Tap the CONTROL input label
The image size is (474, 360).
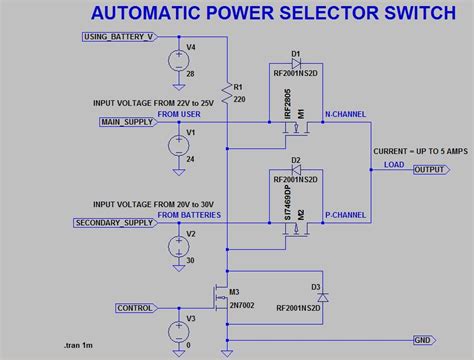click(x=135, y=308)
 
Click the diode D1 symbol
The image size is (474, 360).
click(x=296, y=60)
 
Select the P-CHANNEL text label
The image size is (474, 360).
click(x=346, y=215)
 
